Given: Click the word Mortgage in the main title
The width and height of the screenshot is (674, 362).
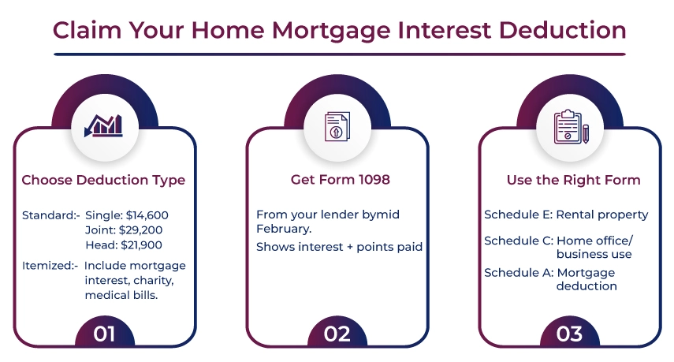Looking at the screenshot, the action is coord(331,31).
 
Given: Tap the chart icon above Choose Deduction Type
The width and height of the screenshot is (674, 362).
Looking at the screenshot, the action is coord(103,125).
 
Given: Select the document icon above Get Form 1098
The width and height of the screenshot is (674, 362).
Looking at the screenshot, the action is coord(337,126).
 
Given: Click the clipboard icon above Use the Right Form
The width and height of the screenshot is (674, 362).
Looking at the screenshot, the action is coord(571,126).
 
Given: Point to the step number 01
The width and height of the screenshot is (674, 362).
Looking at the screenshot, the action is coord(104,334).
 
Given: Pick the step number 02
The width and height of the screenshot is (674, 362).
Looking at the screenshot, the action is coord(337,334).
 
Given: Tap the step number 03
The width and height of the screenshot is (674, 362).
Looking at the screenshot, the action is coord(569,334).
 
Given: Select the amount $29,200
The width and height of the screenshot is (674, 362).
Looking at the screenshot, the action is coord(140,230).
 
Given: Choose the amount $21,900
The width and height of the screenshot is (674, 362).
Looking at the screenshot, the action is coord(141,245).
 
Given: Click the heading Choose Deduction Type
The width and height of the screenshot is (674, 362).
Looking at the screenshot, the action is coord(103,180).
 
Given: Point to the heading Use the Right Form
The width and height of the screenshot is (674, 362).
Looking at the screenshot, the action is coord(573,180).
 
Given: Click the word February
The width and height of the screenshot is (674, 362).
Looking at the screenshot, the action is coord(284,229).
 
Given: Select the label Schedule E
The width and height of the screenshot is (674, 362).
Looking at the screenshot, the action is coord(519,215).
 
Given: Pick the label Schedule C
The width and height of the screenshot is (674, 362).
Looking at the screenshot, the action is coord(519,241).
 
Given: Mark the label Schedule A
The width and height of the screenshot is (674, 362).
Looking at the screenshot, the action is coord(519,273).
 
